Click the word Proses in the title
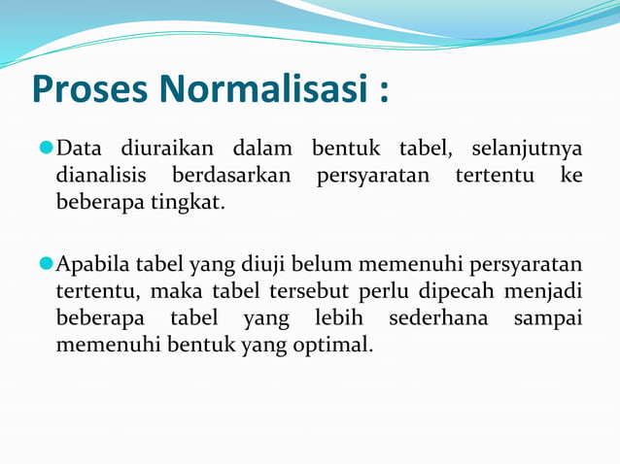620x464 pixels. point(88,89)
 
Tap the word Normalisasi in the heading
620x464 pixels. point(261,88)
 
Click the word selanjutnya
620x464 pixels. point(527,149)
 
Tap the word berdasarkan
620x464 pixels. point(234,177)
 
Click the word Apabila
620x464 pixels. point(92,263)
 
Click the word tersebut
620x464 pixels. point(311,290)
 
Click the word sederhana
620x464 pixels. point(436,317)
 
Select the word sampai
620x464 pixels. point(548,317)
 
